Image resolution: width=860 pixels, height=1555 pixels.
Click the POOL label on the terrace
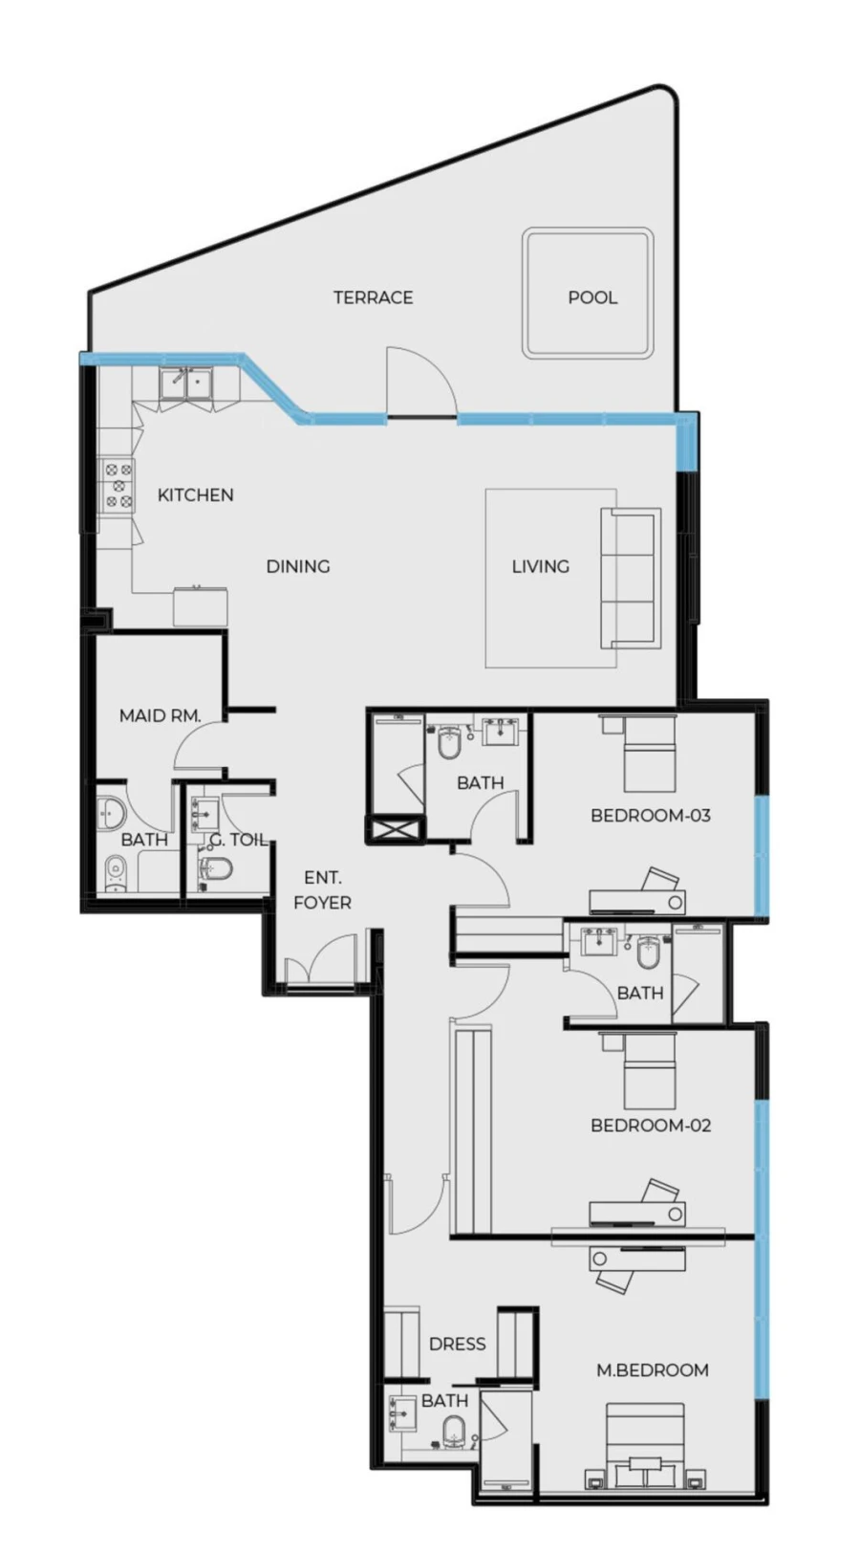(591, 297)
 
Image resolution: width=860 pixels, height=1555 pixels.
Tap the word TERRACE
(373, 297)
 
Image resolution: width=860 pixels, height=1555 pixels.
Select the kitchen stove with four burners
(118, 485)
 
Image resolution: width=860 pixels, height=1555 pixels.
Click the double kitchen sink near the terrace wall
(186, 383)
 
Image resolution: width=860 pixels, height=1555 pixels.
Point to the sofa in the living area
(629, 578)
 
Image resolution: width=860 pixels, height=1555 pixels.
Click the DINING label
(297, 566)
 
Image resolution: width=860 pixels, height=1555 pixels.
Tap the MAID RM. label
(160, 714)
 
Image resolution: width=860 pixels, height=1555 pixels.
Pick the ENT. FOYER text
(322, 889)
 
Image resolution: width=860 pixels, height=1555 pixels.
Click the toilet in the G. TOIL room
(216, 868)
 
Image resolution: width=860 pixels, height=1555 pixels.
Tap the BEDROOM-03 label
(650, 816)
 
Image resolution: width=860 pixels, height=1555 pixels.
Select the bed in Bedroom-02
(649, 1070)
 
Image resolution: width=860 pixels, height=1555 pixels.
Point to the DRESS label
(457, 1344)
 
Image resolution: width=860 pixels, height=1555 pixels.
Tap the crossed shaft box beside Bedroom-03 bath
(395, 829)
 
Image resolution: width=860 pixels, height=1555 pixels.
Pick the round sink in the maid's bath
(111, 814)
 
